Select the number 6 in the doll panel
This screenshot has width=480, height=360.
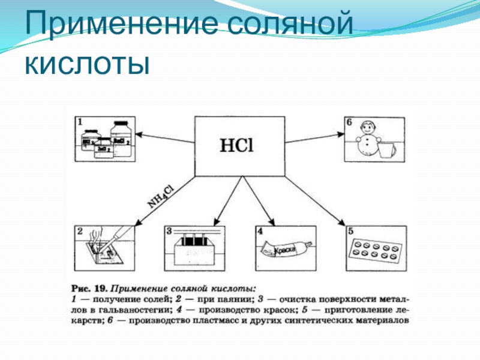349,122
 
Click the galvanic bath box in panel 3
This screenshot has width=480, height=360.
196,251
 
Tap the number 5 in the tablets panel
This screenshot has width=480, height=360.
349,231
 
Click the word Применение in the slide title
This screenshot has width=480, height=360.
114,26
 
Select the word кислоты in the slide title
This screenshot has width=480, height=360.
86,62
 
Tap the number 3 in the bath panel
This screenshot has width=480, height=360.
169,231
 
